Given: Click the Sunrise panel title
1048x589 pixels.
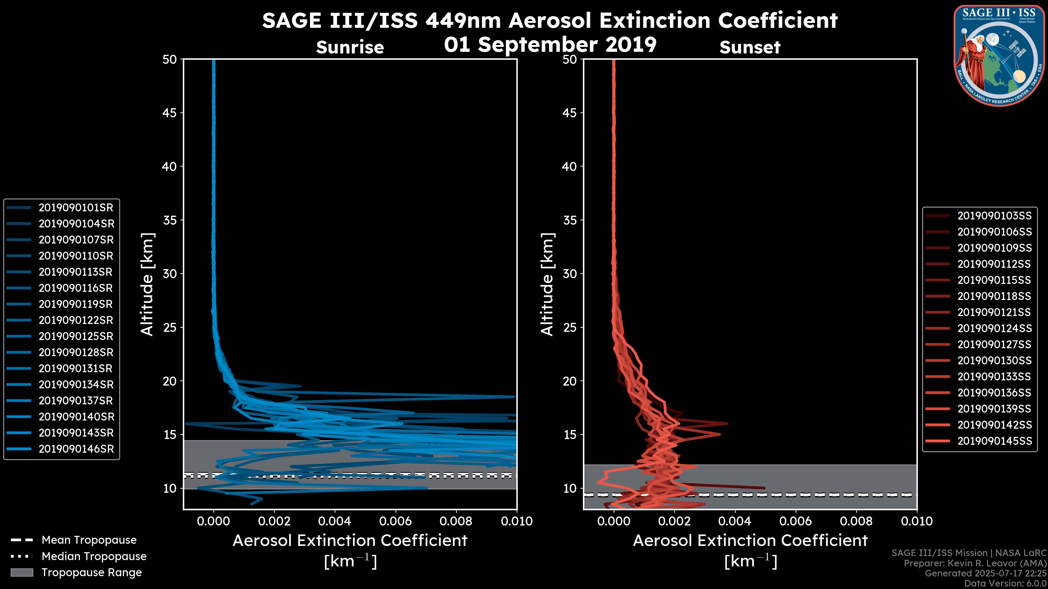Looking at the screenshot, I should click(350, 47).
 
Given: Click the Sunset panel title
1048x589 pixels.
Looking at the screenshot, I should click(750, 47).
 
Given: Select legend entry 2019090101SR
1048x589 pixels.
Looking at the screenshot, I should click(76, 208).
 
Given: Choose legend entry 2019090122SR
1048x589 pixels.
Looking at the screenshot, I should click(76, 320).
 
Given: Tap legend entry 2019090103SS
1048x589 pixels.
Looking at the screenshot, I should click(994, 216).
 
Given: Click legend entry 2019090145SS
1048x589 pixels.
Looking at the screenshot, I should click(994, 441).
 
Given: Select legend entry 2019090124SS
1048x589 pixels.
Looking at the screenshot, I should click(994, 328).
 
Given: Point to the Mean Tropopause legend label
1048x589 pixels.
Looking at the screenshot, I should click(89, 540).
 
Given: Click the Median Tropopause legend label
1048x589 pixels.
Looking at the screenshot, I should click(94, 557).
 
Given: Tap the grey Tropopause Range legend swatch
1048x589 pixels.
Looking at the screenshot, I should click(22, 573).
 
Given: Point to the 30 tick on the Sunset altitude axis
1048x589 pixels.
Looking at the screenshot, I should click(570, 274).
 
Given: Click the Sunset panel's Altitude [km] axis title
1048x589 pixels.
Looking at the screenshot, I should click(547, 284).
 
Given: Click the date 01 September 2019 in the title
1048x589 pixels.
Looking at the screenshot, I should click(550, 45).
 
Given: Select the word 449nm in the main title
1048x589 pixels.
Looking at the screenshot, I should click(463, 20).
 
